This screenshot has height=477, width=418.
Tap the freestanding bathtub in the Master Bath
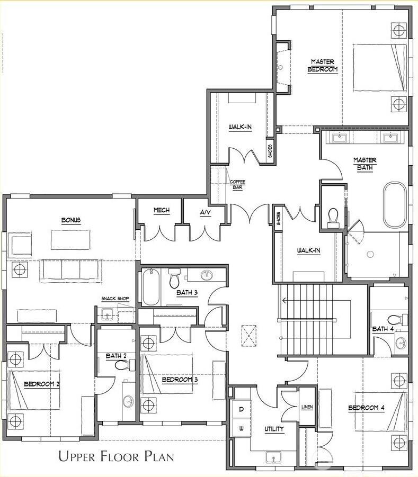tap(396, 204)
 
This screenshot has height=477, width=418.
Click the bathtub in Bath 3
tap(150, 286)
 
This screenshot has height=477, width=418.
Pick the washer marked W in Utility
tap(241, 428)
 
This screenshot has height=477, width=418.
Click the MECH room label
tap(162, 210)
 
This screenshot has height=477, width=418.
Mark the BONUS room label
tap(70, 220)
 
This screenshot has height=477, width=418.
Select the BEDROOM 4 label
tap(366, 408)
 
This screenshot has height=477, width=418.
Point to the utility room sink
tap(274, 456)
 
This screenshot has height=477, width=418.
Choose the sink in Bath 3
tap(206, 275)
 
